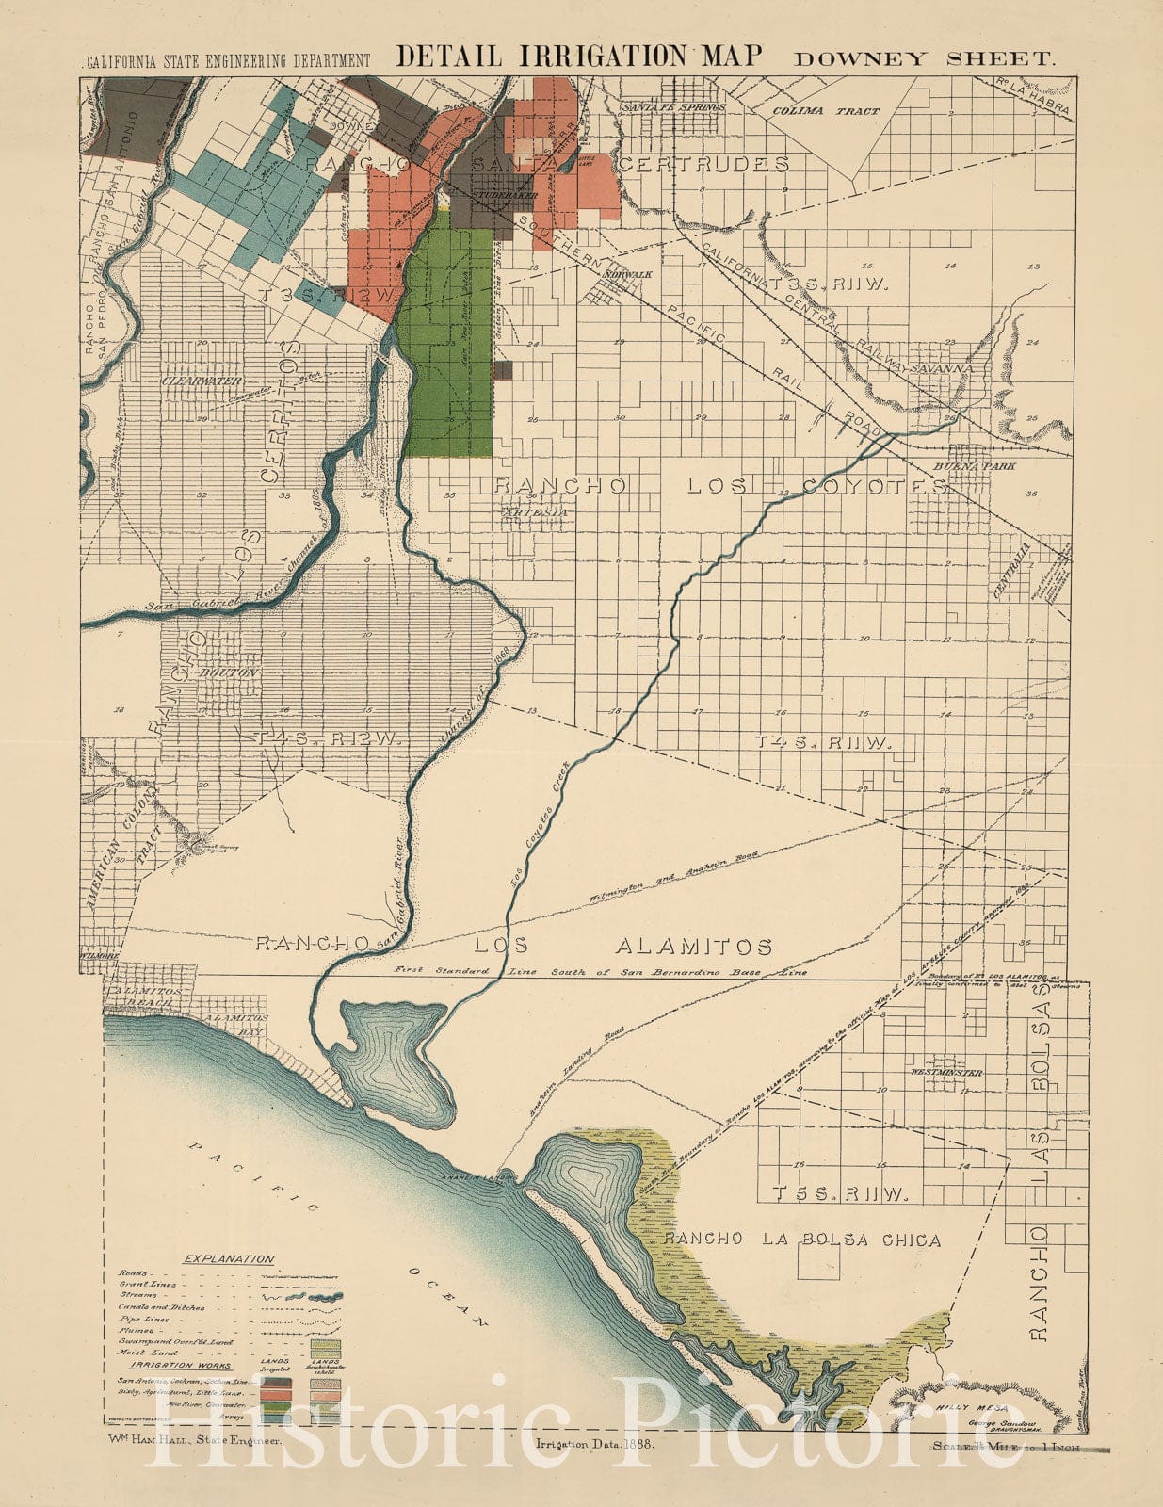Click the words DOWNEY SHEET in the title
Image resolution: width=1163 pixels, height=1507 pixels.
click(x=923, y=58)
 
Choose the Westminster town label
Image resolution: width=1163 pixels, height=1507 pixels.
click(x=945, y=1073)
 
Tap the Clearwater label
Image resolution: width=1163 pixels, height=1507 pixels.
click(x=202, y=381)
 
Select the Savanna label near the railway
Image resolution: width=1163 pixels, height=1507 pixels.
click(x=943, y=367)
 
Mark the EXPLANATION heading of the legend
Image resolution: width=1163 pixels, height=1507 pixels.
click(x=229, y=1259)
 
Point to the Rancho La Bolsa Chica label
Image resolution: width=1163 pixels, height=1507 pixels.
click(x=800, y=1240)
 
